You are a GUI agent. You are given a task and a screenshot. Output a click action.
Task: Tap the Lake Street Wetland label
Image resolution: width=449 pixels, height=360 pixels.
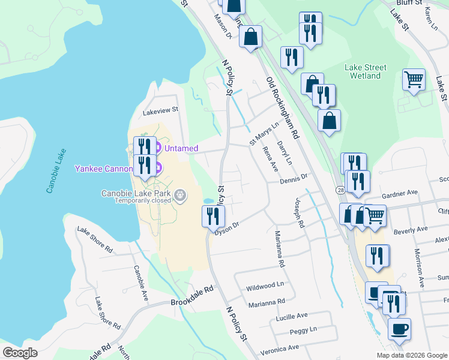point(366,72)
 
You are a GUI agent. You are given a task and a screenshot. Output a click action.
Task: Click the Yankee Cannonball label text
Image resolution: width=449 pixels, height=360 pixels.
point(103,169)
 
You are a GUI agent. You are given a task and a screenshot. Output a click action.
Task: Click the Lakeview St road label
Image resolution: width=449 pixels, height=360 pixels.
point(161,110)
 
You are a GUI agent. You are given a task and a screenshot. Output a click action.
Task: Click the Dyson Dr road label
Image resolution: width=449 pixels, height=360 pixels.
point(228,228)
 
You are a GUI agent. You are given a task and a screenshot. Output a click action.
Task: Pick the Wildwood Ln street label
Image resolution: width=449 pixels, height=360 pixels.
point(265,287)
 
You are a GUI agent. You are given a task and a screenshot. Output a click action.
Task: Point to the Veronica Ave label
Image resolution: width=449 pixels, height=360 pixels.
point(279,348)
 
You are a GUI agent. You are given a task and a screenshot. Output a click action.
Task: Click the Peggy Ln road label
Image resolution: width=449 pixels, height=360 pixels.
point(303,330)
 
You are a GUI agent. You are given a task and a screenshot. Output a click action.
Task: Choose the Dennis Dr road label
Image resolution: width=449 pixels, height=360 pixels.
point(294,177)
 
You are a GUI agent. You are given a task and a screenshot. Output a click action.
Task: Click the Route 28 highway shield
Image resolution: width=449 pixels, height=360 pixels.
point(340,190)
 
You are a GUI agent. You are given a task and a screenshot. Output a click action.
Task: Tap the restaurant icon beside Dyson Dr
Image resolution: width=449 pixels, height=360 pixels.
point(212,216)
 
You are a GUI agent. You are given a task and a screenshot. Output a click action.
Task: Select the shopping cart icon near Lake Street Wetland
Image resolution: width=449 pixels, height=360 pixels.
point(414,79)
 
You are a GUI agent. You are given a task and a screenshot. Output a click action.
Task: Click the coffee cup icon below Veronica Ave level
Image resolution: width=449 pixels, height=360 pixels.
point(399,329)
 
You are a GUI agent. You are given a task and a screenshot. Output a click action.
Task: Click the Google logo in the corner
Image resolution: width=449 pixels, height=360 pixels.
point(20,353)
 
